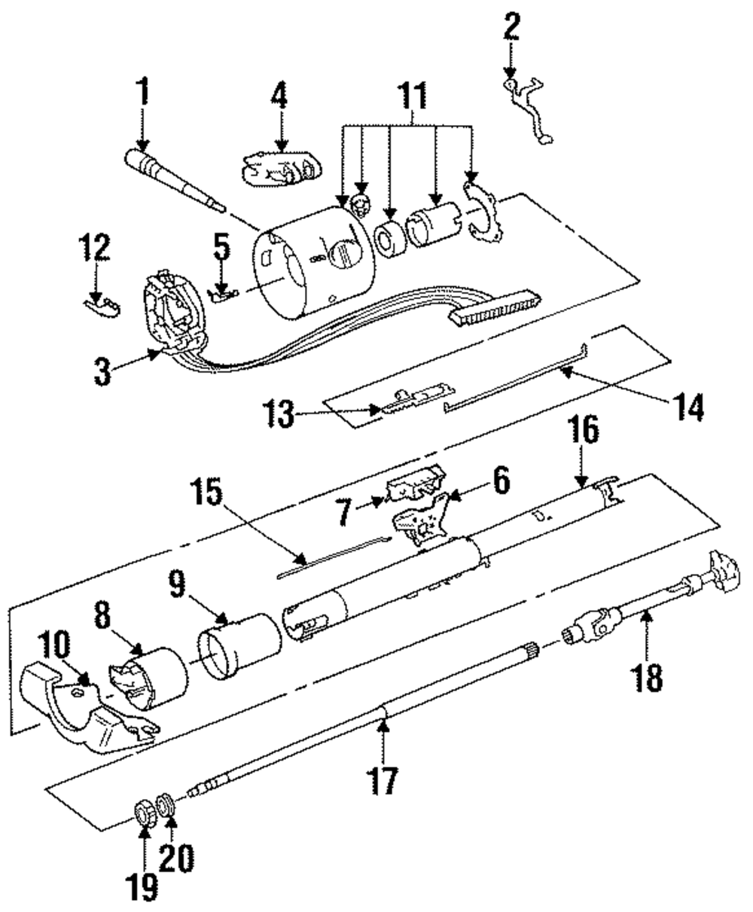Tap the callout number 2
pos(511,27)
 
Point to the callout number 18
pos(647,676)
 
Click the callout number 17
pos(383,779)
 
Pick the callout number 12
pos(94,247)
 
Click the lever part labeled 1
pos(175,181)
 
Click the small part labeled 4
pos(282,166)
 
